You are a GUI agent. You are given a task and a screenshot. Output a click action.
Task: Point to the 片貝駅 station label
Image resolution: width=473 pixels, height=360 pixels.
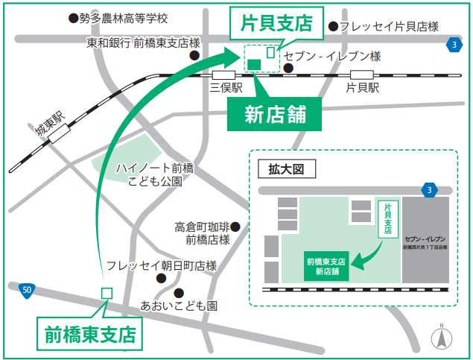pyautogui.click(x=362, y=88)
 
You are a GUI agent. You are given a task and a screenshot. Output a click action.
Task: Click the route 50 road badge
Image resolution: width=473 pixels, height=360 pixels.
pyautogui.click(x=26, y=288)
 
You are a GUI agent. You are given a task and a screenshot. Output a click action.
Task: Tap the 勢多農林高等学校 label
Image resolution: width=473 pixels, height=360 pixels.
pyautogui.click(x=124, y=17)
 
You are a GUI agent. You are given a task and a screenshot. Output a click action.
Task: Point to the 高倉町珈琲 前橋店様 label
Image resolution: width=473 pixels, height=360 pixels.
pyautogui.click(x=202, y=233)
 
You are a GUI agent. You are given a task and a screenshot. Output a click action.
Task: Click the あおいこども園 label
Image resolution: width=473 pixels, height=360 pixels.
pyautogui.click(x=179, y=306)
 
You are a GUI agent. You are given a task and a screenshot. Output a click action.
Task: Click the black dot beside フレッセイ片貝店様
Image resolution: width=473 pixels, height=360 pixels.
pyautogui.click(x=334, y=26)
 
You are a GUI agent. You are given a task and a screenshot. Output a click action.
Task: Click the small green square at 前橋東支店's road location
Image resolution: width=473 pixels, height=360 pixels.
pyautogui.click(x=106, y=294)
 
